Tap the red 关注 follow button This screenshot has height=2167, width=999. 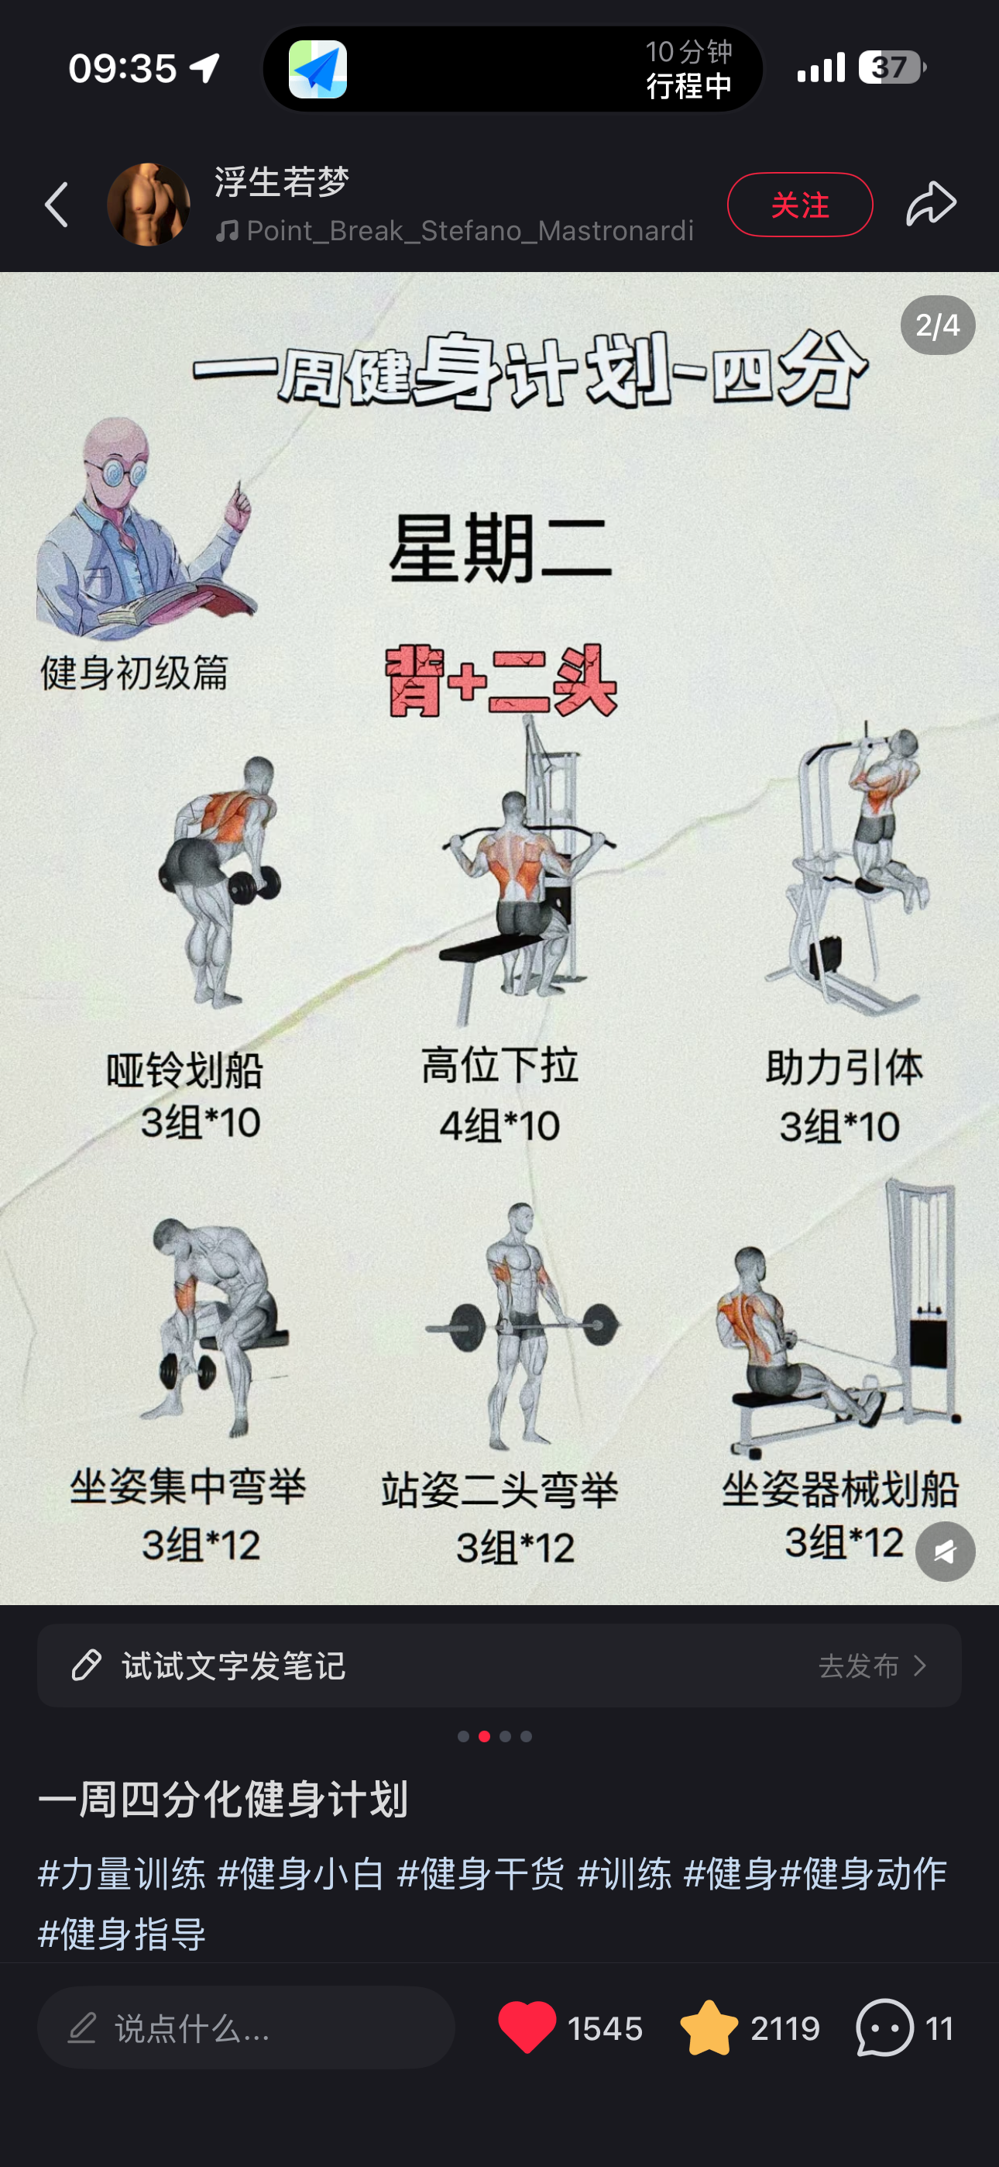pos(800,205)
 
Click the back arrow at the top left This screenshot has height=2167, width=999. pos(57,205)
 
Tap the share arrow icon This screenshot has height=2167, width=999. pos(931,204)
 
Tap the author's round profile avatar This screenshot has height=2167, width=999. pos(149,205)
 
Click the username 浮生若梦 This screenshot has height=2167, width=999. pos(282,181)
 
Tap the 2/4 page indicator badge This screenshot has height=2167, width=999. pos(938,326)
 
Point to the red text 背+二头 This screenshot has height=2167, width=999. pos(501,680)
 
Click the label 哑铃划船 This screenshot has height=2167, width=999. pos(184,1070)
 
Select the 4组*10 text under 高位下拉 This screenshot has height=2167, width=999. pos(499,1125)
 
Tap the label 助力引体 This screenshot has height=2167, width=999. pos(843,1067)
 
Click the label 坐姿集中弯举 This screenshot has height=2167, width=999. pos(187,1487)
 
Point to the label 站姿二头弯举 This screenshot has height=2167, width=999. pos(499,1490)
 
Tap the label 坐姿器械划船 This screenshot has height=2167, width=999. pos(840,1490)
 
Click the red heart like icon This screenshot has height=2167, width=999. pos(527,2027)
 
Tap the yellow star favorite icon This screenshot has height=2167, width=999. pos(709,2027)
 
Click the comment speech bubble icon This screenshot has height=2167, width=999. pos(884,2027)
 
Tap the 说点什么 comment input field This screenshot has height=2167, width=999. pos(246,2027)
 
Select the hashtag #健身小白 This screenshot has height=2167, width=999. pos(301,1874)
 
